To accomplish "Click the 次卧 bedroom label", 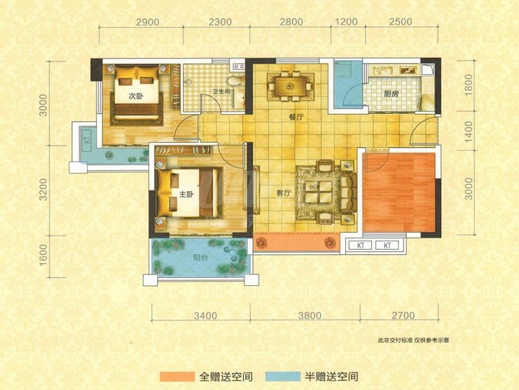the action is coord(136,96).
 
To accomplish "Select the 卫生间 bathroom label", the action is coord(221,91).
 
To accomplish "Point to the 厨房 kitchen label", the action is coord(391,94).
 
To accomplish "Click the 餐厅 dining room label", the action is coord(296,117).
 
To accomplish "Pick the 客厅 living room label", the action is coord(284,193).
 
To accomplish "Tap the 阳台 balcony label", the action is coord(200,257).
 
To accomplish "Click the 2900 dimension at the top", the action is coord(148,22).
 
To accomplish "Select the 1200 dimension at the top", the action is coord(346,21).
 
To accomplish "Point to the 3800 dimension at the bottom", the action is coord(309,315).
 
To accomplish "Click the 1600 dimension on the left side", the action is coord(43,255).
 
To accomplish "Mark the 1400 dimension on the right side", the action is coord(468,132).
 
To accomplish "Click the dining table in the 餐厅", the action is coord(291,87).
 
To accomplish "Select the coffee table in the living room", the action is coord(319,192).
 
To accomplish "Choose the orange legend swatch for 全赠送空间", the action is coord(176,376).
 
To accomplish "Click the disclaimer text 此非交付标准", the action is coord(395,340).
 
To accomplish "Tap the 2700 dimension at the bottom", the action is coord(403,315).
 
